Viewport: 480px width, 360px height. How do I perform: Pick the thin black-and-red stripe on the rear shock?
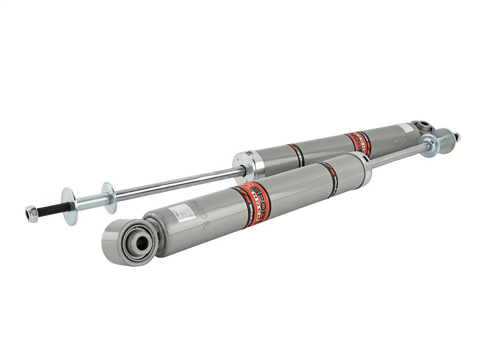coord(296,153)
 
